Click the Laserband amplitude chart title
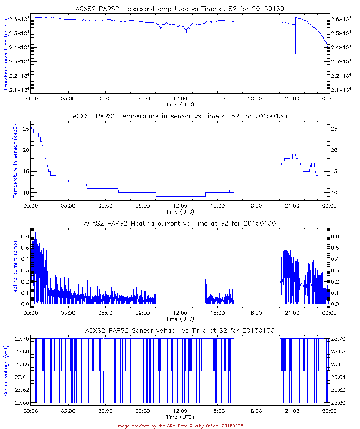(x=180, y=9)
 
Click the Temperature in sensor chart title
(x=180, y=116)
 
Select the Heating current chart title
(x=180, y=224)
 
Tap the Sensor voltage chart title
(x=180, y=331)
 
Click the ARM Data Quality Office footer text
(x=180, y=426)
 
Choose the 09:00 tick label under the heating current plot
(x=142, y=313)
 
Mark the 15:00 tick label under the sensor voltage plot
(x=217, y=411)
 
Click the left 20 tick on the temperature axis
(x=25, y=150)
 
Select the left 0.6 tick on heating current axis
(x=24, y=236)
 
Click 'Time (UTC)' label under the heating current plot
(x=180, y=319)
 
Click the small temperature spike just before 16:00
(x=229, y=189)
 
